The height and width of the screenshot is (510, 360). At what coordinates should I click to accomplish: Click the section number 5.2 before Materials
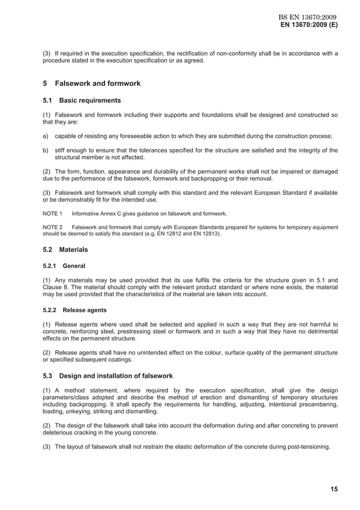click(x=47, y=249)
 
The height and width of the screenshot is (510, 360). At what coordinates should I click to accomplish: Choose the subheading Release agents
click(x=85, y=310)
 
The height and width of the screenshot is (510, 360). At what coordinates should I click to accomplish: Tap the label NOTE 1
click(x=52, y=213)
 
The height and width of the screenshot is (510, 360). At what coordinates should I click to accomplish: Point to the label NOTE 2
click(x=52, y=227)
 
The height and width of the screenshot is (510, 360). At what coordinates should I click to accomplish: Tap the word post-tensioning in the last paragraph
click(x=309, y=447)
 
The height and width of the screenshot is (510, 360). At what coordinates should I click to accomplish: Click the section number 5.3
click(x=47, y=376)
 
